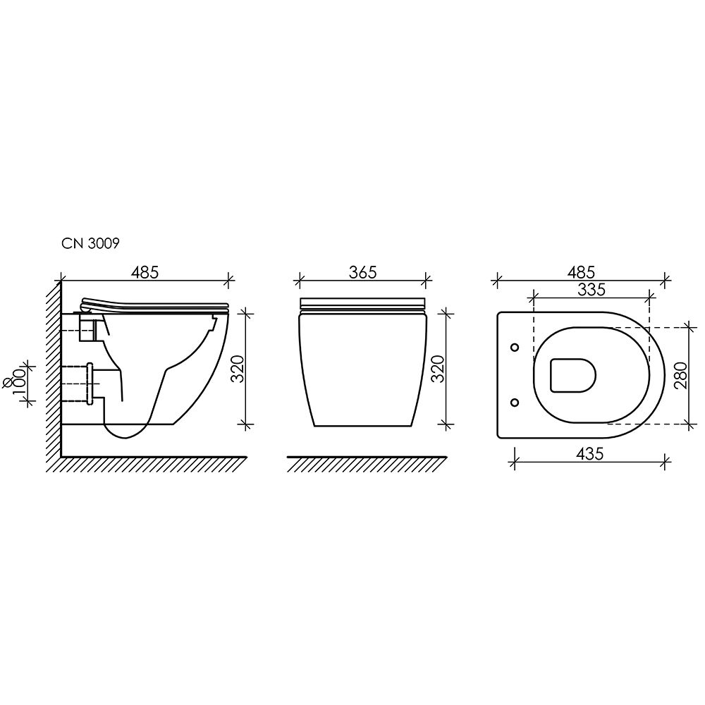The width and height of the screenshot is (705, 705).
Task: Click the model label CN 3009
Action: pyautogui.click(x=90, y=243)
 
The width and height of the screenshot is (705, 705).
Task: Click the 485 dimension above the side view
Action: pyautogui.click(x=145, y=272)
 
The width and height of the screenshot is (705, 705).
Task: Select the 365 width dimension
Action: pyautogui.click(x=363, y=272)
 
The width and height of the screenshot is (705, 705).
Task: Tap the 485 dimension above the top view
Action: pyautogui.click(x=581, y=272)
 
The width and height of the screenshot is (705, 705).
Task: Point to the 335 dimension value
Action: pyautogui.click(x=591, y=290)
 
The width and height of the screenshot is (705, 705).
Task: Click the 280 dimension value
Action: pyautogui.click(x=681, y=376)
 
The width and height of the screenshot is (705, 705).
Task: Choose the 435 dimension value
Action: pyautogui.click(x=589, y=454)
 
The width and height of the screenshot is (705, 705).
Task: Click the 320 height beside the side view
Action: pyautogui.click(x=238, y=369)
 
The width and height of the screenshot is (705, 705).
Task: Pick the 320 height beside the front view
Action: pyautogui.click(x=438, y=369)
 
